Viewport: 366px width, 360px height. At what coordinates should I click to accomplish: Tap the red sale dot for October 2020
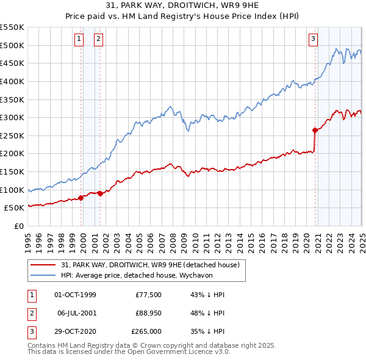[x=315, y=130]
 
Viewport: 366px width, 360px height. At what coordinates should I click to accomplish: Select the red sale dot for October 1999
[x=81, y=198]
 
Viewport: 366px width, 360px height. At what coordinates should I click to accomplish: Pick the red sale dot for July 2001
[x=100, y=193]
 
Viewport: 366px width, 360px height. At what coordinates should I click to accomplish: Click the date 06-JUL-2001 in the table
[x=76, y=313]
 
